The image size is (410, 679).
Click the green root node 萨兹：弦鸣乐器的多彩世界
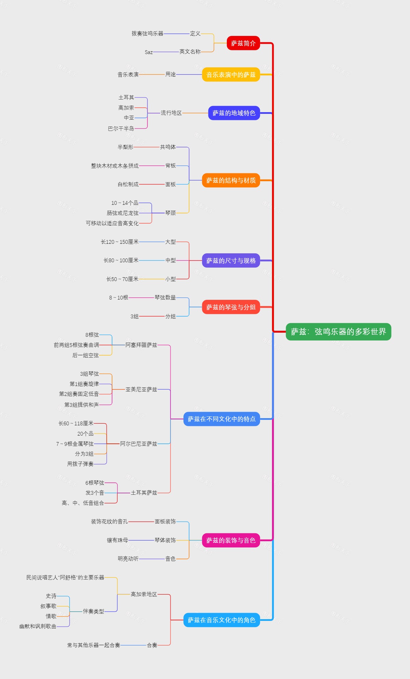click(338, 332)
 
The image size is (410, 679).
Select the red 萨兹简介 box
click(243, 43)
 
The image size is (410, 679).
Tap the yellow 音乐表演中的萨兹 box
click(231, 75)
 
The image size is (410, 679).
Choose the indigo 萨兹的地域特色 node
click(234, 113)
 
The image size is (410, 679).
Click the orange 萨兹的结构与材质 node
click(231, 180)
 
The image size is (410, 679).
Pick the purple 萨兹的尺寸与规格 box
click(231, 261)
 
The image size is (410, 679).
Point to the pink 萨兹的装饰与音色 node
click(231, 540)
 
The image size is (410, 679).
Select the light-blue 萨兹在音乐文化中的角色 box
click(222, 620)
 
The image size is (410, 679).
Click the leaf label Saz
click(149, 52)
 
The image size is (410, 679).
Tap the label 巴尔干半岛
click(121, 129)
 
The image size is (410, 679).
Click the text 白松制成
click(128, 184)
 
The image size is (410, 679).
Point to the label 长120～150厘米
click(120, 242)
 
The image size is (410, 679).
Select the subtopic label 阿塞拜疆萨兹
click(141, 345)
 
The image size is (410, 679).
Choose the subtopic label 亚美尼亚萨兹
click(141, 389)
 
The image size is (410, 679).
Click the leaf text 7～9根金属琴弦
click(75, 444)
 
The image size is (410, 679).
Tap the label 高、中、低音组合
click(83, 503)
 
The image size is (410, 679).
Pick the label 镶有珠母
click(118, 540)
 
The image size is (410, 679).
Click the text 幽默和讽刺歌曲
click(38, 626)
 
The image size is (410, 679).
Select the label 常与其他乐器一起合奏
click(94, 645)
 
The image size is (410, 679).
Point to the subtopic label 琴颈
click(170, 213)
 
